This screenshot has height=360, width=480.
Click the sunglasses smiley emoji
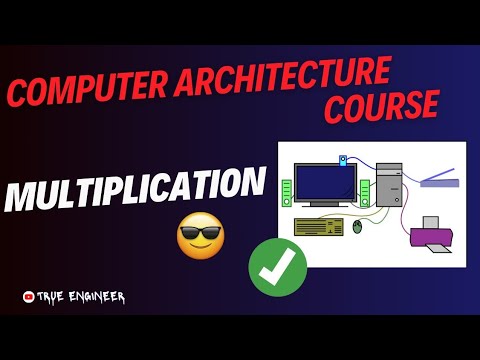pyautogui.click(x=200, y=237)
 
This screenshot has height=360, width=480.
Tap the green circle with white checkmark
pyautogui.click(x=277, y=268)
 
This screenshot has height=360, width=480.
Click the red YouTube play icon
pyautogui.click(x=27, y=296)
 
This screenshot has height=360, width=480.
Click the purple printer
pyautogui.click(x=432, y=235)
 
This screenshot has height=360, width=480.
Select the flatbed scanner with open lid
pyautogui.click(x=437, y=178)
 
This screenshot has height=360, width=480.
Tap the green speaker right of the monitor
pyautogui.click(x=366, y=191)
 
